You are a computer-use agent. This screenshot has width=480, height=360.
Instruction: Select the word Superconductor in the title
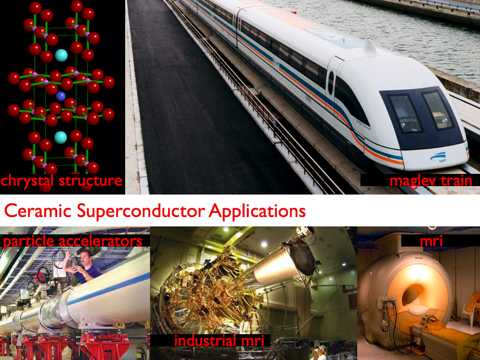[141, 211]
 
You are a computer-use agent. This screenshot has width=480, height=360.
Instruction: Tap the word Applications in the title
[257, 211]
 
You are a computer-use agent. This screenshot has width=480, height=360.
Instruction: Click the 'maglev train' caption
[431, 180]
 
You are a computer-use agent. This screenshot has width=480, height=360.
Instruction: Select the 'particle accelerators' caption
[72, 241]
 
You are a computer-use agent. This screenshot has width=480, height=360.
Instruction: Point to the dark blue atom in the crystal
[60, 96]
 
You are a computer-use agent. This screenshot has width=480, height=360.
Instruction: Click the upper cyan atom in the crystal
[61, 55]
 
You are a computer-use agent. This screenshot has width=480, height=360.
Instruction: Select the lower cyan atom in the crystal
[60, 137]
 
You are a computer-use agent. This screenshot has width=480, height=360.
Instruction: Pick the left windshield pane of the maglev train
[404, 113]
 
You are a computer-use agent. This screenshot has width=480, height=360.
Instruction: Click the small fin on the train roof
[370, 46]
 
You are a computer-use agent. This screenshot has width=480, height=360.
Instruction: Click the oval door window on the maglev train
[331, 82]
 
